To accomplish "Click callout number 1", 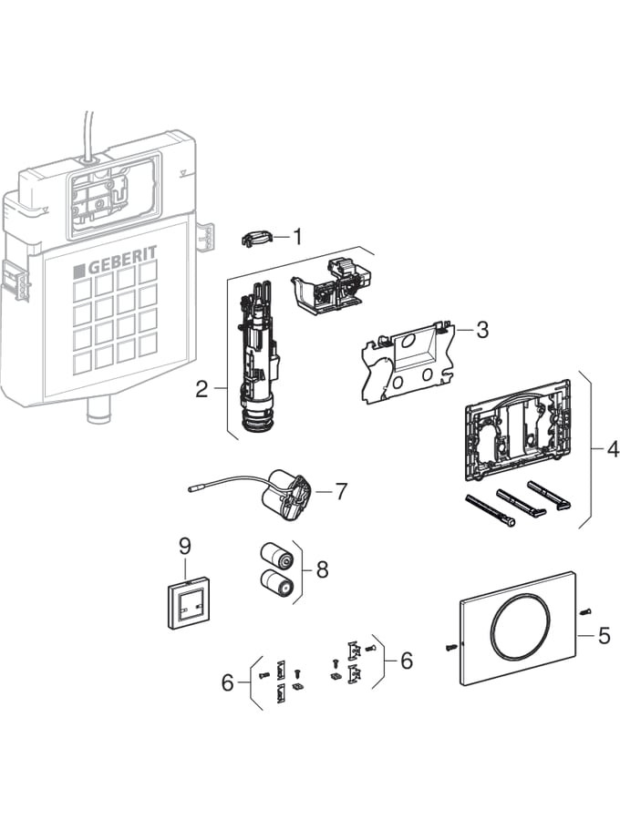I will click(296, 236).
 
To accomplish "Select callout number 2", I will click(202, 390).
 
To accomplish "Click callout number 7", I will click(340, 491).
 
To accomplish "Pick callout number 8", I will click(322, 569).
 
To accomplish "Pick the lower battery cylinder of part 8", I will click(274, 583).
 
